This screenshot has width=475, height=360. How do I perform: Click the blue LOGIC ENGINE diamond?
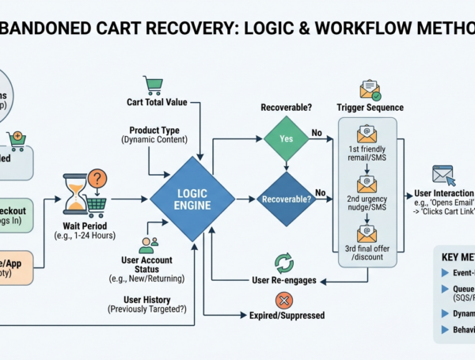tap(192, 199)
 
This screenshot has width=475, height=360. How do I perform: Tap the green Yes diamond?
tap(285, 138)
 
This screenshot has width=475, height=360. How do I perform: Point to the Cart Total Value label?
tap(156, 103)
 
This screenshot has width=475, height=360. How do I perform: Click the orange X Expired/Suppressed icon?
tap(283, 300)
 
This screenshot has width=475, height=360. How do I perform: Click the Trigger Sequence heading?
tap(370, 107)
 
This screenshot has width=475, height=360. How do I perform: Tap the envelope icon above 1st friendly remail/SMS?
tap(367, 133)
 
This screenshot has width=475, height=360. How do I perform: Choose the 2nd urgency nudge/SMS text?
tap(367, 204)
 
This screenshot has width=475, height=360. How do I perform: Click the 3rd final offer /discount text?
tap(367, 254)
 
